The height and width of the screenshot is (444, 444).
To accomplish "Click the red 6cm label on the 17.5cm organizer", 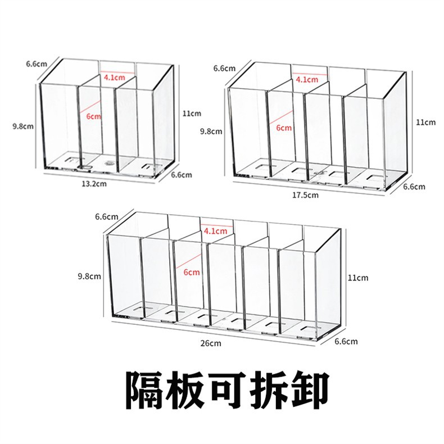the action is [284, 128].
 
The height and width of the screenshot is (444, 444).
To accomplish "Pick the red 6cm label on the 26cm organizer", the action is [192, 272].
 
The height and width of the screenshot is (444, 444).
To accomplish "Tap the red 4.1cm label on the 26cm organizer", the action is [216, 230].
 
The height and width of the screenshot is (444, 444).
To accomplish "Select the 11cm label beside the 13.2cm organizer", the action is [192, 113].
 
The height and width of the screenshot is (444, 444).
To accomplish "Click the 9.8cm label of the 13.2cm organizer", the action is [22, 126].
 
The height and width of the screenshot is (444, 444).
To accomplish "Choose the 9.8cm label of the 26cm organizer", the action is [90, 276].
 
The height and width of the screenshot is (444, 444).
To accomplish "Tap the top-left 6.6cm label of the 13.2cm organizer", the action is [36, 64].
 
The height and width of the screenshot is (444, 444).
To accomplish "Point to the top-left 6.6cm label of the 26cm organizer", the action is [106, 216].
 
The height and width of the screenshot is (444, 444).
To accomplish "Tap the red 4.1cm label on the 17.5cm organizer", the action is [306, 79].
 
